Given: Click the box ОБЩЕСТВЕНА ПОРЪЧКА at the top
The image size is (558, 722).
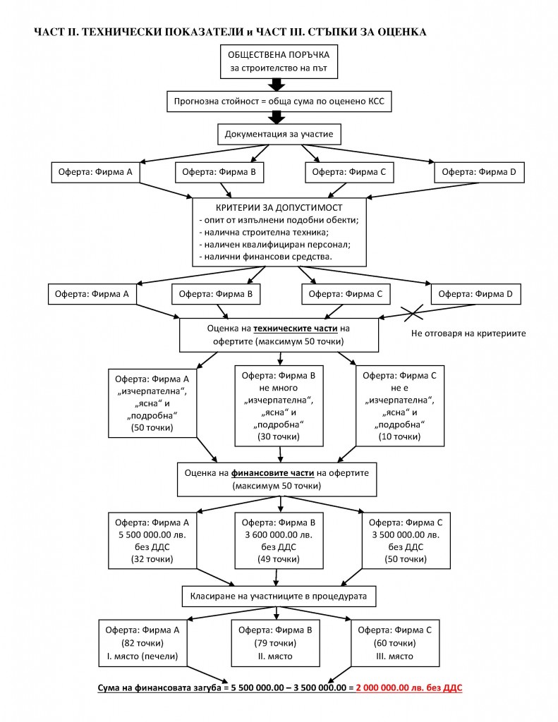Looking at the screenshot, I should pyautogui.click(x=278, y=61).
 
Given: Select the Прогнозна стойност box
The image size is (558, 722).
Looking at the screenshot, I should pyautogui.click(x=278, y=102).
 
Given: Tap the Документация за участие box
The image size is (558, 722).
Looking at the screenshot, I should pyautogui.click(x=278, y=134).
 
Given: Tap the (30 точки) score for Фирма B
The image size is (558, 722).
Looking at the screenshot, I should pyautogui.click(x=279, y=437).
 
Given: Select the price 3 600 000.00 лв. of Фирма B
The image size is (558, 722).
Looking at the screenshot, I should pyautogui.click(x=279, y=534).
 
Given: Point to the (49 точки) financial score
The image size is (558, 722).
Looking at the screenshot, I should pyautogui.click(x=279, y=559).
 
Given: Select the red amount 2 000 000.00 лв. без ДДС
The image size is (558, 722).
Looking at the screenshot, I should pyautogui.click(x=408, y=687).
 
